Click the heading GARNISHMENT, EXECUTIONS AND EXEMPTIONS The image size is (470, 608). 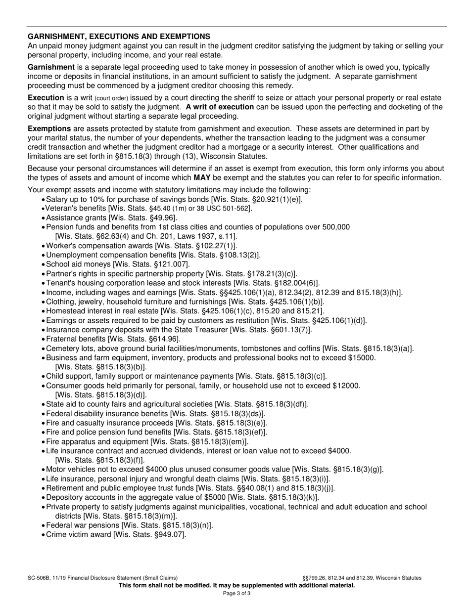(x=119, y=37)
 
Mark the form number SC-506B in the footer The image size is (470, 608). (x=41, y=578)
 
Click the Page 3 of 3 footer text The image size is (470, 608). (x=237, y=594)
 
